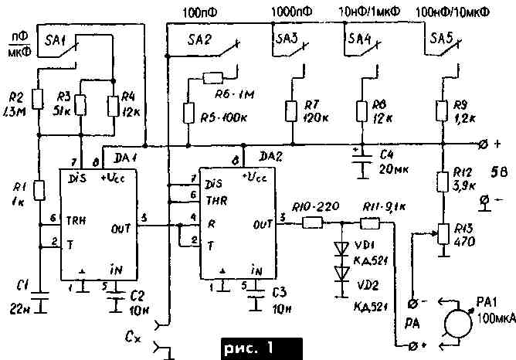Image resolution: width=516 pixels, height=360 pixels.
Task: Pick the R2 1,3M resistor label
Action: coord(15,108)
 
